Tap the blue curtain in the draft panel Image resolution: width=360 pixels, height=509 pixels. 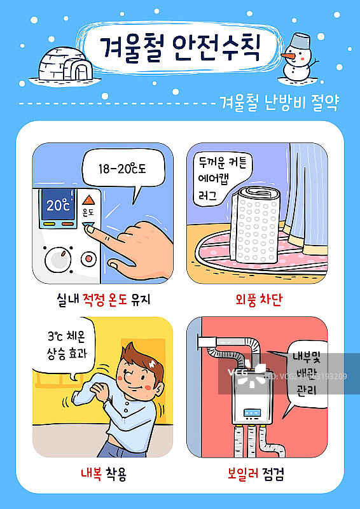tap(308, 191)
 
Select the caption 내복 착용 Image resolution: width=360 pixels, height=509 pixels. tap(103, 474)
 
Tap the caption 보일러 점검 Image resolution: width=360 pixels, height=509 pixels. tap(256, 474)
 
